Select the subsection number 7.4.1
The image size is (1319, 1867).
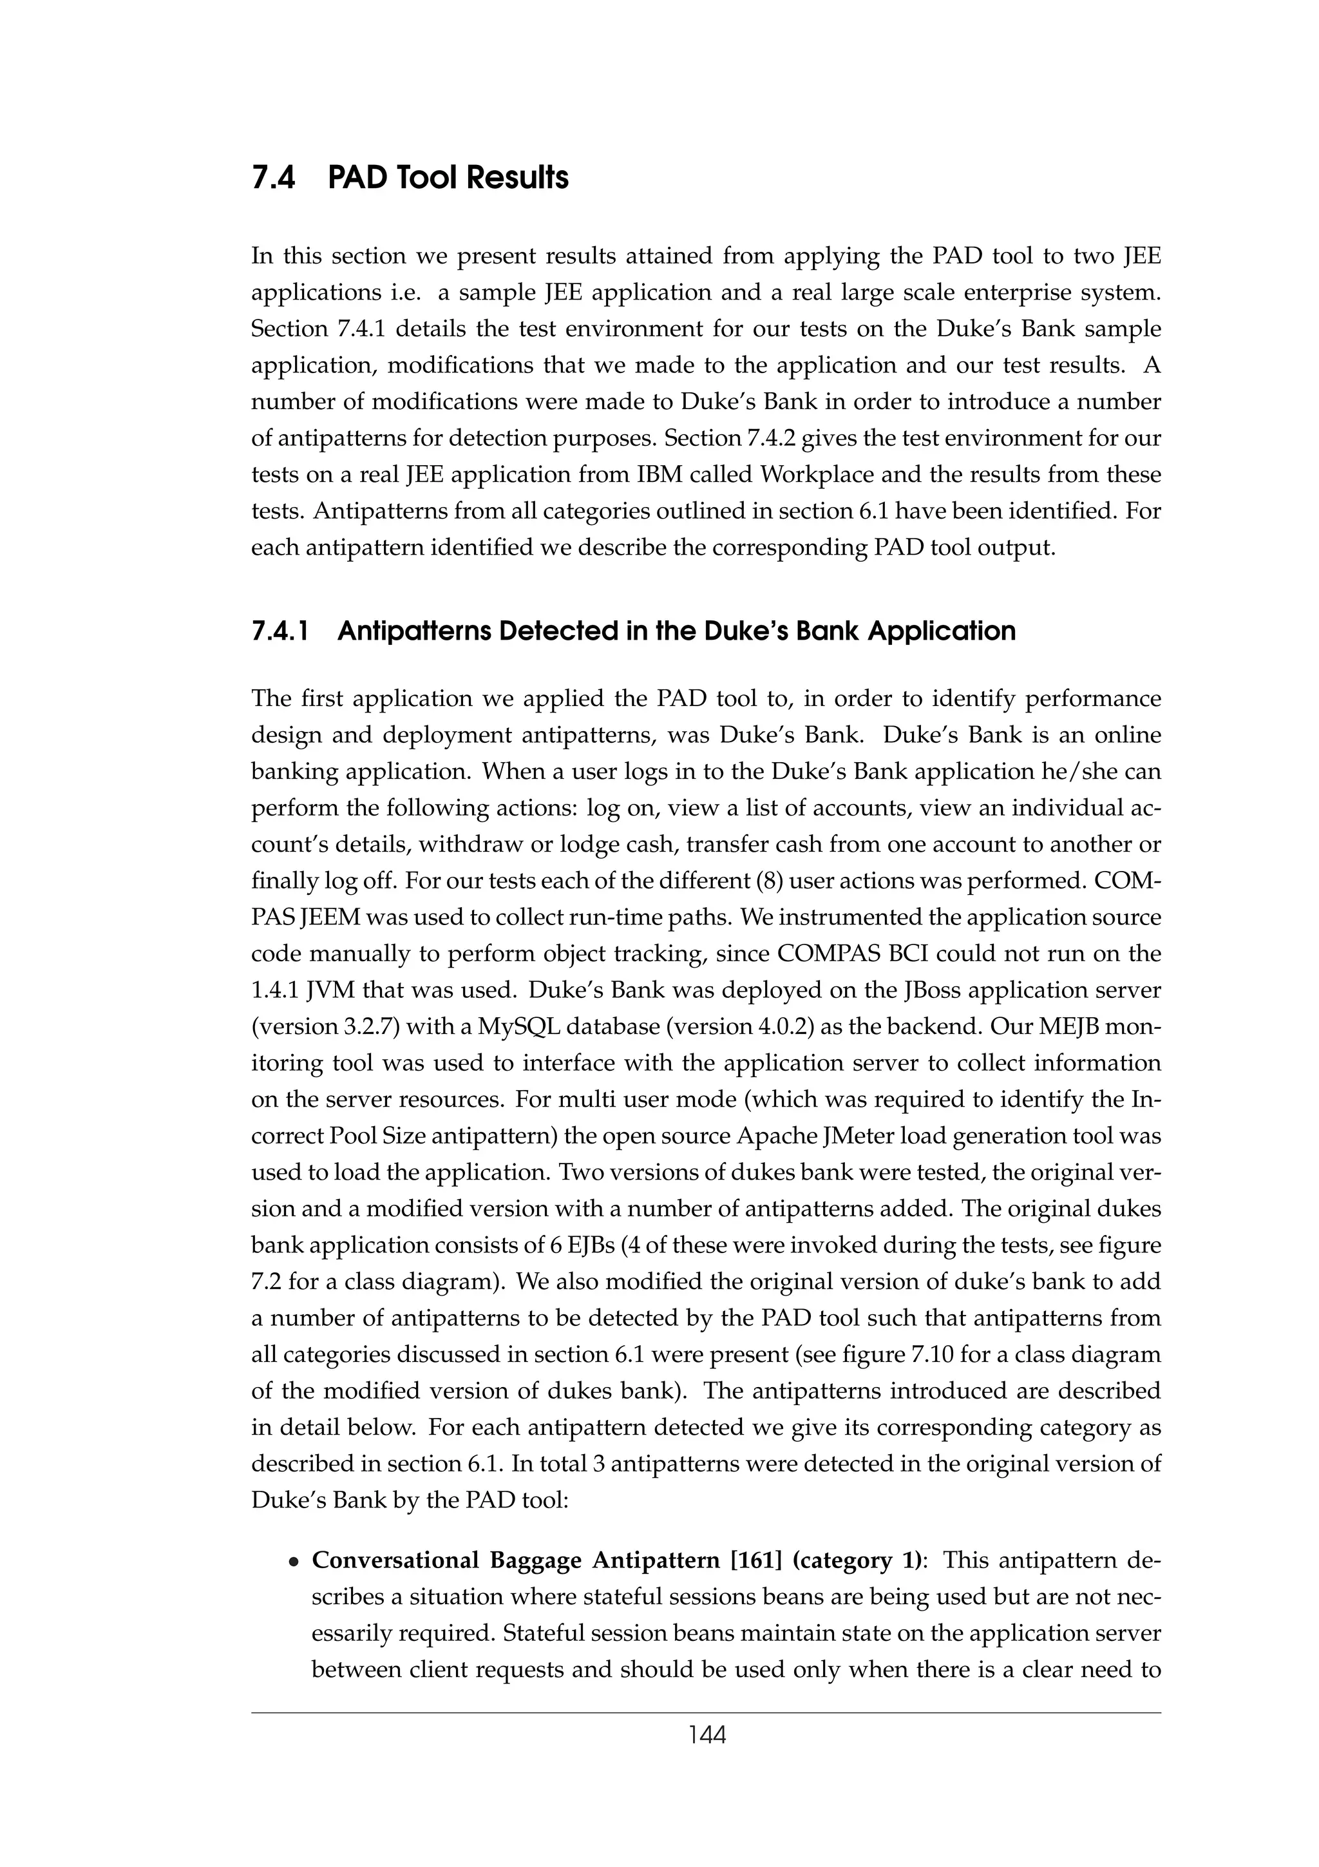click(280, 631)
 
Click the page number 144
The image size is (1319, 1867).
click(707, 1736)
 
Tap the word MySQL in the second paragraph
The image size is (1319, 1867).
click(518, 1027)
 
